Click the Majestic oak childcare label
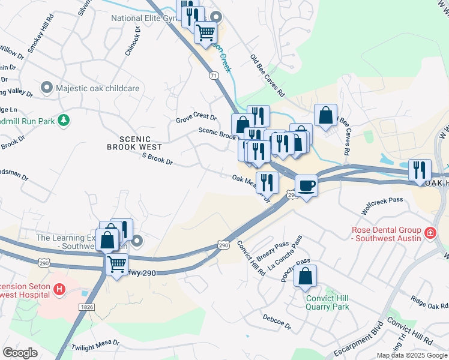pyautogui.click(x=98, y=88)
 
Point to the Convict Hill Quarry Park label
pyautogui.click(x=327, y=302)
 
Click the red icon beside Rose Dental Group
pyautogui.click(x=430, y=232)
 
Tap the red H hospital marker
pyautogui.click(x=59, y=290)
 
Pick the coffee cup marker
pyautogui.click(x=307, y=186)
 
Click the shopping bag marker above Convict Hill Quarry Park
pyautogui.click(x=305, y=277)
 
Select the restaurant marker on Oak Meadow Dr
pyautogui.click(x=267, y=182)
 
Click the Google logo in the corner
pyautogui.click(x=20, y=353)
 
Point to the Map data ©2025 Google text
pyautogui.click(x=412, y=355)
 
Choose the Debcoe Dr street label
pyautogui.click(x=276, y=322)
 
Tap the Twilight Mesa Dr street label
pyautogui.click(x=95, y=347)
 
